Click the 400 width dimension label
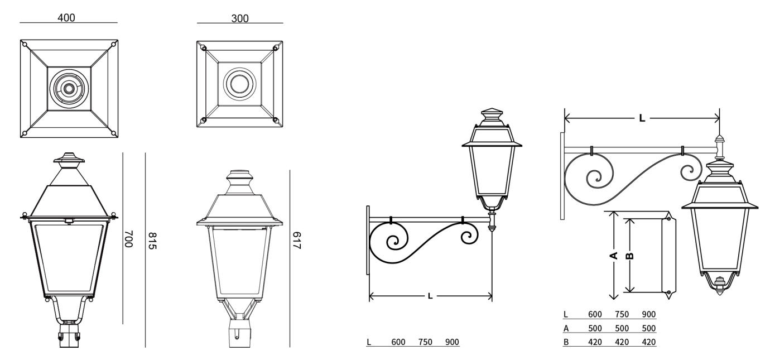[66, 17]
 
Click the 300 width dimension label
[240, 18]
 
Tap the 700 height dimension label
[128, 239]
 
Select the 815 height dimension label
[152, 241]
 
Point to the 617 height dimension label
[297, 241]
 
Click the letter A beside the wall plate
[614, 256]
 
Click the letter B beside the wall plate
[630, 256]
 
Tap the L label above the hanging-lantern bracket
[642, 118]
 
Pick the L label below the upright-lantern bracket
[430, 296]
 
